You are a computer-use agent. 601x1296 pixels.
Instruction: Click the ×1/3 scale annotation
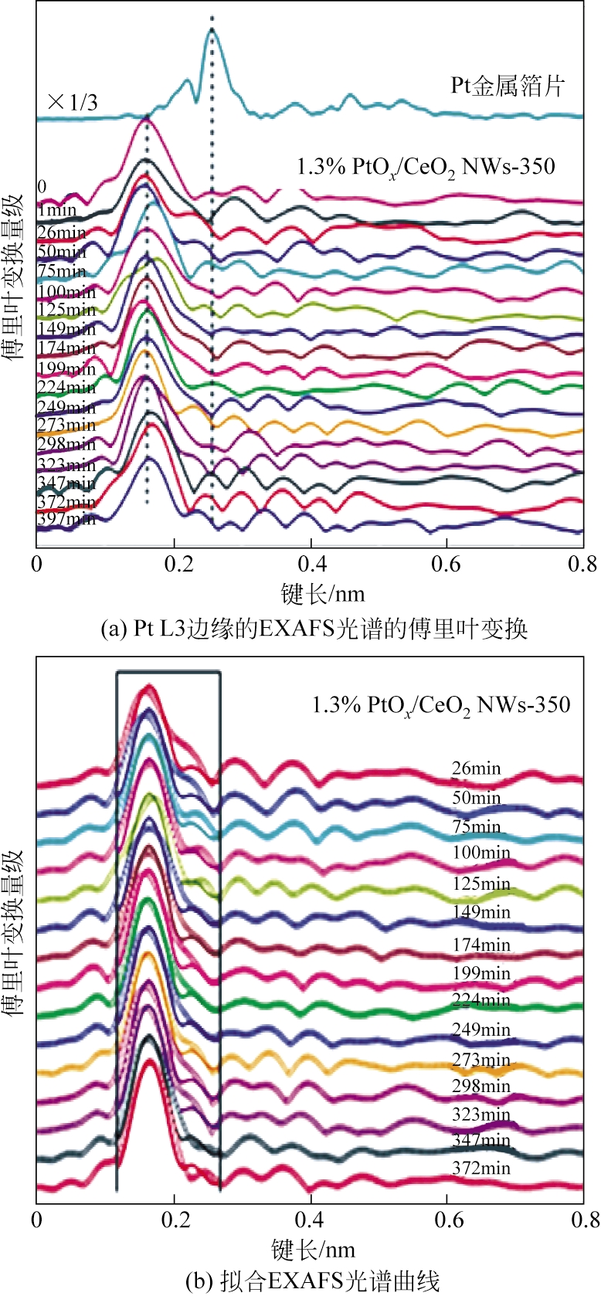pos(73,101)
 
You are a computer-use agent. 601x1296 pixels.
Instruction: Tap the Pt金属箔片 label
pos(508,85)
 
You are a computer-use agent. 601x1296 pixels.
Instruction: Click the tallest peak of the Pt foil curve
pos(212,31)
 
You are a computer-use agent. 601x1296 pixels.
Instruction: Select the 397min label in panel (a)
pos(66,519)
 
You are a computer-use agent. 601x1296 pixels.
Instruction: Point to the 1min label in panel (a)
pos(57,210)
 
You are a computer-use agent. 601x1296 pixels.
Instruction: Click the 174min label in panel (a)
pos(66,348)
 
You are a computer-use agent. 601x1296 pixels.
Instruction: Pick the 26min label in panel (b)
pos(477,768)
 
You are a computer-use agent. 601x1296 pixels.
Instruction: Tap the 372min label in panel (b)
pos(480,1168)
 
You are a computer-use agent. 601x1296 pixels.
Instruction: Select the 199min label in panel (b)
pos(481,972)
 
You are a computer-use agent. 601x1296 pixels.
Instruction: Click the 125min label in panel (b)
pos(481,884)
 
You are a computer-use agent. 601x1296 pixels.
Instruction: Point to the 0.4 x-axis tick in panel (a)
pos(311,564)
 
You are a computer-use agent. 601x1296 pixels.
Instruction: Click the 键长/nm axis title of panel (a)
pos(322,594)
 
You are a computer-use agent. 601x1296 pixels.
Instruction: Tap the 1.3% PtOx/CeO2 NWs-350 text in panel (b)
pos(441,705)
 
